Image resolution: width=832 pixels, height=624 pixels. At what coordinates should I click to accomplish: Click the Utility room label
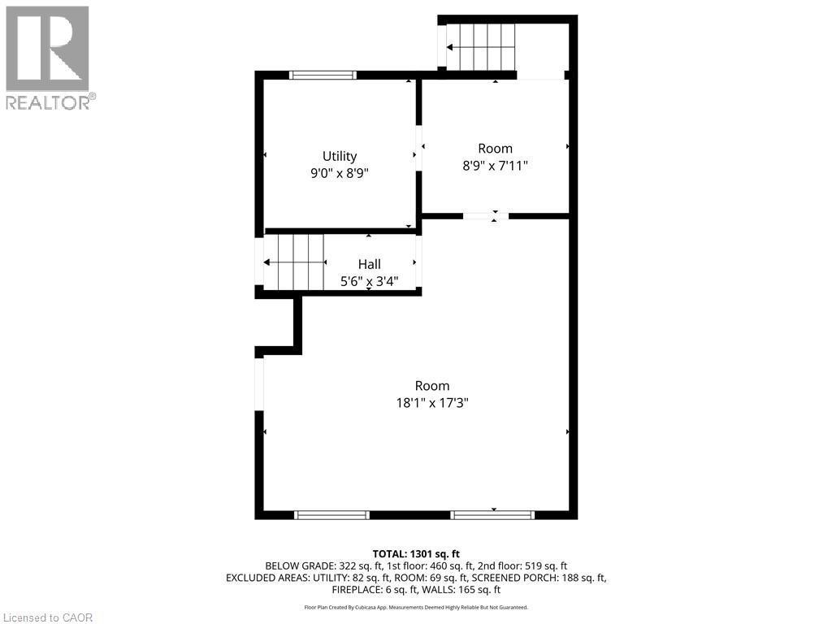339,156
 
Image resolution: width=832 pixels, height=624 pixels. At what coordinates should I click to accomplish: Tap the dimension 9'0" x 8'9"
339,173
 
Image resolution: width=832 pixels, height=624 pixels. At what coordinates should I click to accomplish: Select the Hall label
369,264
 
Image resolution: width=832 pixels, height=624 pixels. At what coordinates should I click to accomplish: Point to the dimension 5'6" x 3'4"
369,281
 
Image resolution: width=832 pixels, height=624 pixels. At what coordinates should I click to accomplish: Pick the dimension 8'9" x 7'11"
495,165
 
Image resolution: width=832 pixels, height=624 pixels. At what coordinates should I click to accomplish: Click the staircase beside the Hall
294,262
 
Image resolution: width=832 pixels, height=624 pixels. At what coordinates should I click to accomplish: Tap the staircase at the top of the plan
482,47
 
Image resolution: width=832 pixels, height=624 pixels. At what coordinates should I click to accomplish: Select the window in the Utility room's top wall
323,76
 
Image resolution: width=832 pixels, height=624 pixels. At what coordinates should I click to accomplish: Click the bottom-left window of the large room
331,514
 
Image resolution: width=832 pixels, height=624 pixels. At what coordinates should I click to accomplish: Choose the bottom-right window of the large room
492,514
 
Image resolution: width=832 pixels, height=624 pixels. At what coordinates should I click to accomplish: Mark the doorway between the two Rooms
486,216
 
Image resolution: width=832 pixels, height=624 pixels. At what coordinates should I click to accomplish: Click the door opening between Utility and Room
419,148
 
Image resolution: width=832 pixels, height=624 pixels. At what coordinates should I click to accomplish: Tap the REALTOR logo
48,57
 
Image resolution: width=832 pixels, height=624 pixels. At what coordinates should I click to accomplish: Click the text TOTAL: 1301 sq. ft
416,553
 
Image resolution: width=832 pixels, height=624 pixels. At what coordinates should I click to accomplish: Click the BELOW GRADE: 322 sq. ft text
316,565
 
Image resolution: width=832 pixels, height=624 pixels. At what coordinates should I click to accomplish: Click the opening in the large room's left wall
259,383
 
